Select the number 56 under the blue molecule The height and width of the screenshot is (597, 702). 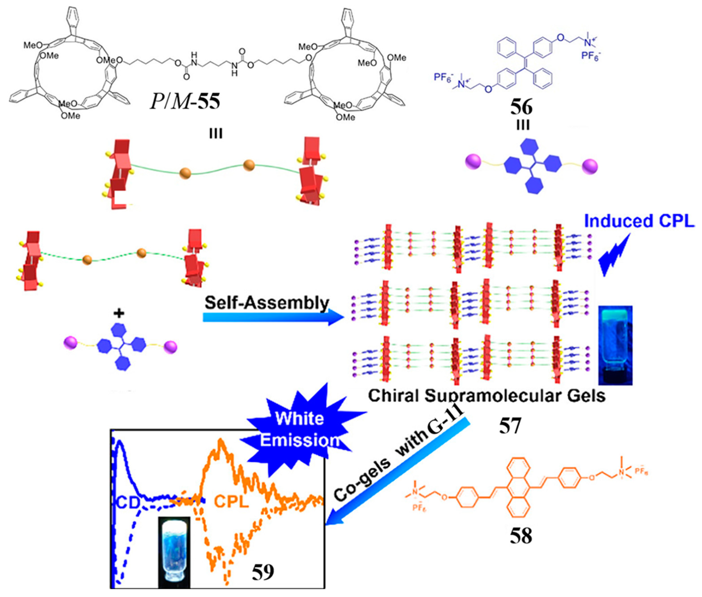[x=522, y=107]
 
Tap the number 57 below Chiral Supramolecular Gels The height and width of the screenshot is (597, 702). [x=509, y=426]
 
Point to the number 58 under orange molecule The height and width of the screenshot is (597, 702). [x=521, y=536]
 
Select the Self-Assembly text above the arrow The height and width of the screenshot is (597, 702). [x=267, y=302]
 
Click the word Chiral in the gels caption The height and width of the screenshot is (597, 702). [x=393, y=396]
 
